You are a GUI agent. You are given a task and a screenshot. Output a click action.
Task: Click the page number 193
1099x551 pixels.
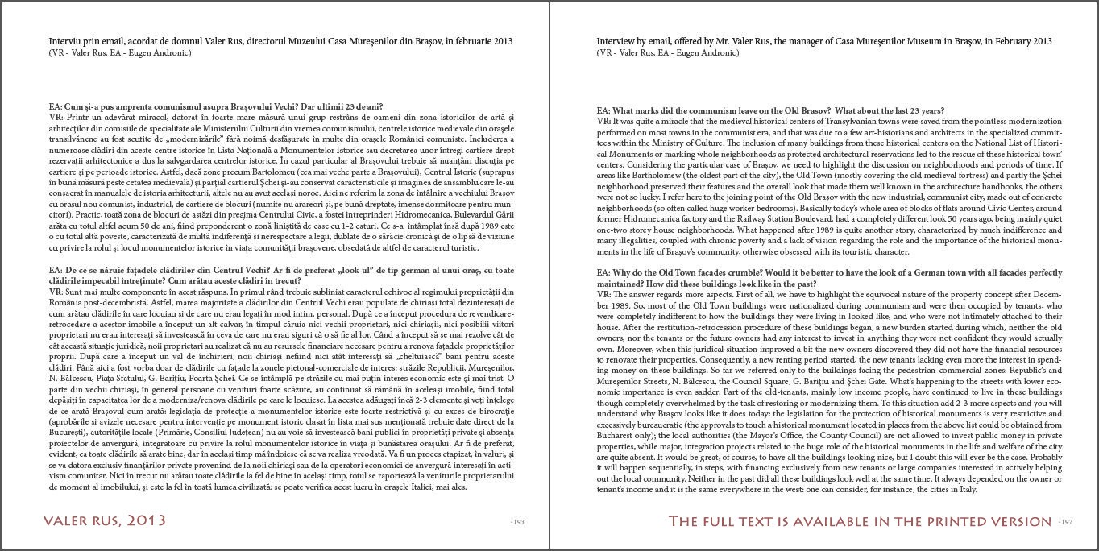click(517, 522)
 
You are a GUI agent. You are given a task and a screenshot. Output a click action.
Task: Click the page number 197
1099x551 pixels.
click(1065, 522)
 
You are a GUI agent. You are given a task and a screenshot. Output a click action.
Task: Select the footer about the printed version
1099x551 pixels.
click(860, 521)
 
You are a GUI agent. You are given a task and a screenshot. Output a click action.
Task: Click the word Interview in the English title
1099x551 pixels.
click(616, 41)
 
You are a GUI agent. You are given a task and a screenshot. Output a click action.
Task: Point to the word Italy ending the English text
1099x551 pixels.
click(967, 489)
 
